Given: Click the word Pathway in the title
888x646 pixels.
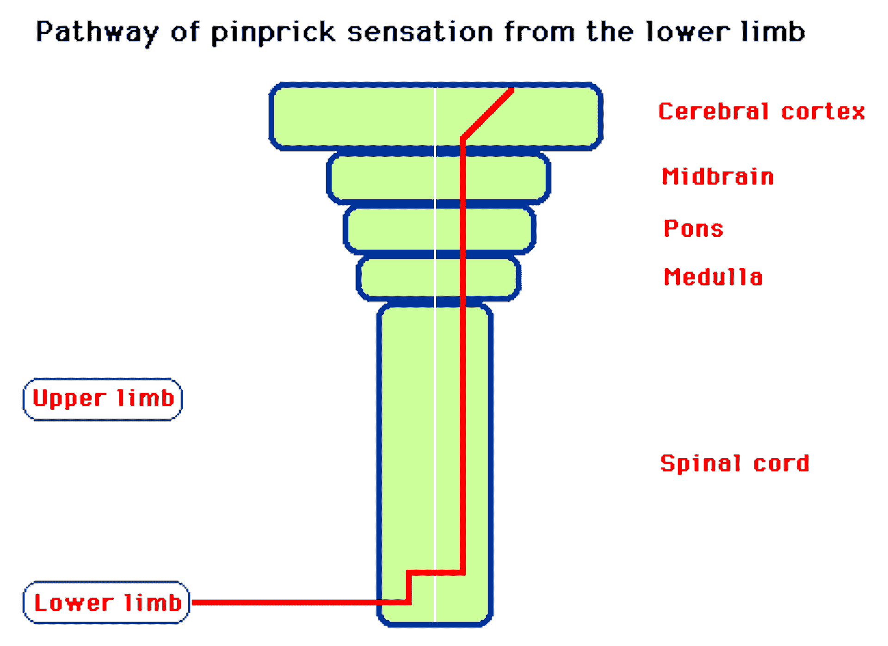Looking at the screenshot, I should pos(97,32).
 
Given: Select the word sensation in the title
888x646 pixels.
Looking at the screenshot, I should pos(420,32).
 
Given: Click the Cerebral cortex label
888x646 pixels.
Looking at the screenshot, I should pos(761,112).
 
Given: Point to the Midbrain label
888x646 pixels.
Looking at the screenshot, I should pos(718,177).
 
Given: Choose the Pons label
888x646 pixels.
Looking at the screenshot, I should pos(693,229).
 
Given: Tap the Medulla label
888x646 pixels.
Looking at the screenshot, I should pos(713,277).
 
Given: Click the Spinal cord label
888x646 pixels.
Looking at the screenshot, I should pos(734,463).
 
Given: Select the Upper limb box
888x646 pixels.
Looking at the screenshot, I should pos(103,399).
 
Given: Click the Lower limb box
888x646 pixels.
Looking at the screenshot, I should pos(106,603).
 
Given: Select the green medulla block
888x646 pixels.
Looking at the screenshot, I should pos(398,277).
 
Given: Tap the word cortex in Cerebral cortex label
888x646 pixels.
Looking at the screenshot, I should pos(823,112).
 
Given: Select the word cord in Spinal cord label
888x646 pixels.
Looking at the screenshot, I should pos(781,463).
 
